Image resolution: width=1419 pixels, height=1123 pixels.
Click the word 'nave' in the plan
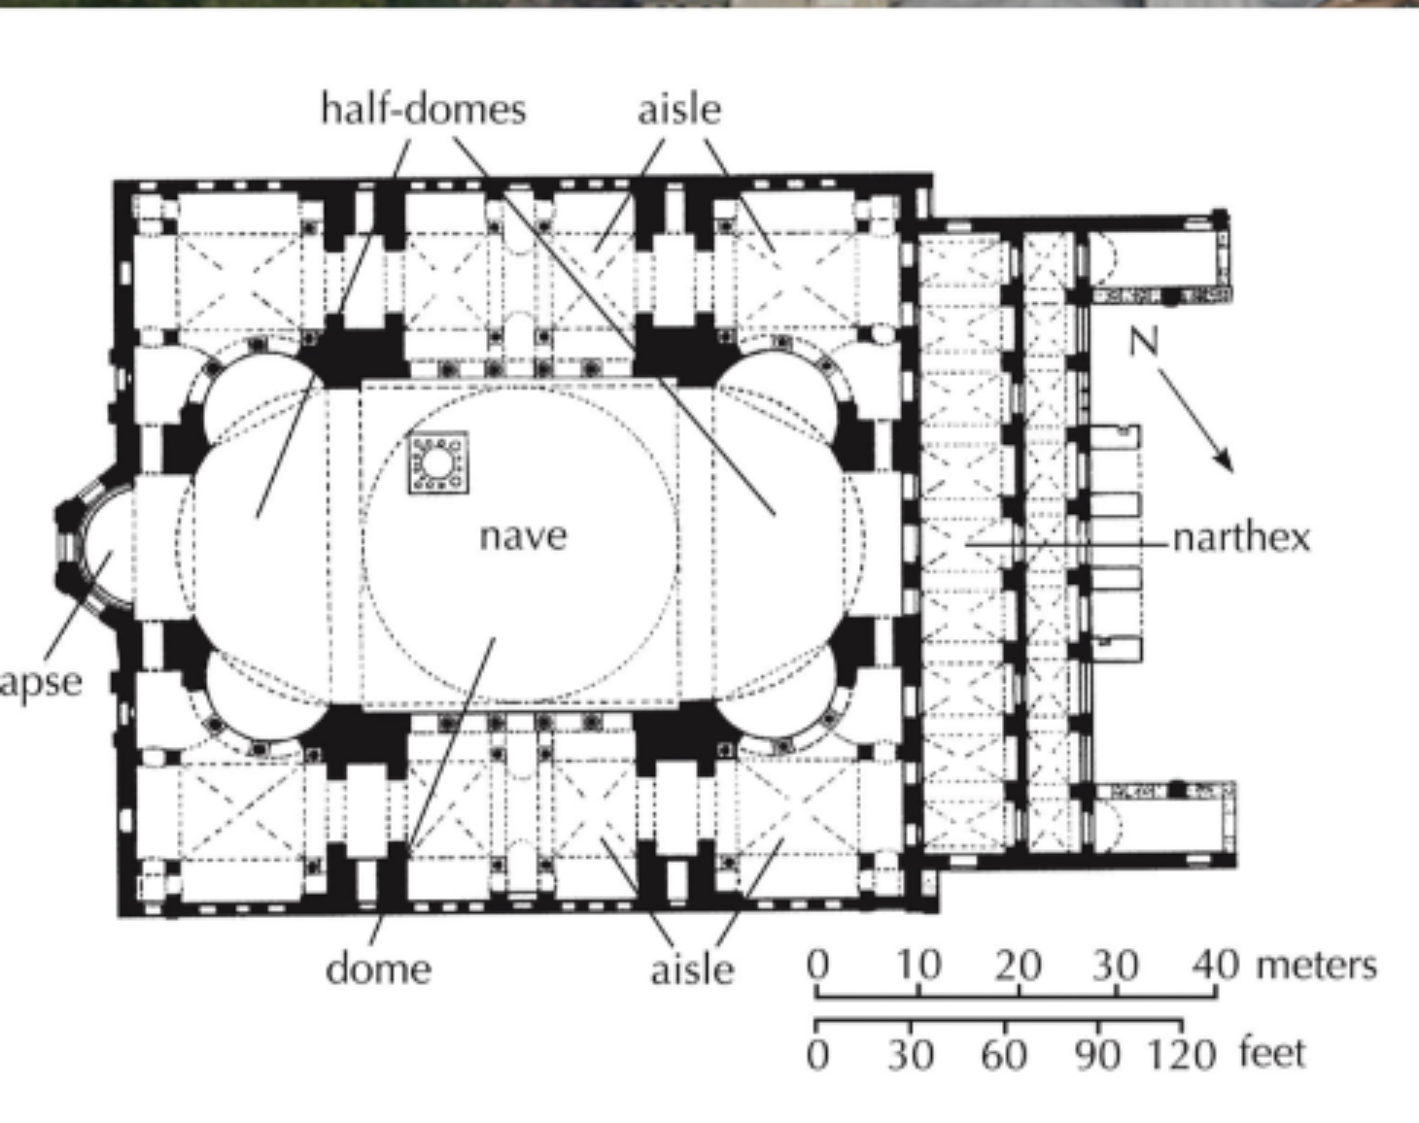523,535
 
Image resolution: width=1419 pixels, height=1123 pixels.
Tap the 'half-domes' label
424,108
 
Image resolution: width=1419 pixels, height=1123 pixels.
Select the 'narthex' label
1241,537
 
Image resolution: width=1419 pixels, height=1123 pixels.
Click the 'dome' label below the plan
378,969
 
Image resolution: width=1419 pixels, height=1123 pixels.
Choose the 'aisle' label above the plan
679,108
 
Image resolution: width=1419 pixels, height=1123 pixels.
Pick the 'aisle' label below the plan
692,969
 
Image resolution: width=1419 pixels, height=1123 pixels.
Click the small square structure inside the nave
437,462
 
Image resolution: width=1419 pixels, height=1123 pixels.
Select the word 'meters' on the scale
1316,965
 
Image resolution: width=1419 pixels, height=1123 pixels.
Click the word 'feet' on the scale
1271,1053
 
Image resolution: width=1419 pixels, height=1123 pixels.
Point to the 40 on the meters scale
1216,965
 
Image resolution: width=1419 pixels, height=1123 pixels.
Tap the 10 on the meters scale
918,965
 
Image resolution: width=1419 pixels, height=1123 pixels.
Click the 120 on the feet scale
1182,1053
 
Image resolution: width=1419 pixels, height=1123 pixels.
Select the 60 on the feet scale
1004,1053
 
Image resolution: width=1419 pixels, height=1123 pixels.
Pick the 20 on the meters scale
1018,965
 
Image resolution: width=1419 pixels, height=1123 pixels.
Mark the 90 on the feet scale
1097,1053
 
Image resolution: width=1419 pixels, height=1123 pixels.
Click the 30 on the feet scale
911,1053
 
